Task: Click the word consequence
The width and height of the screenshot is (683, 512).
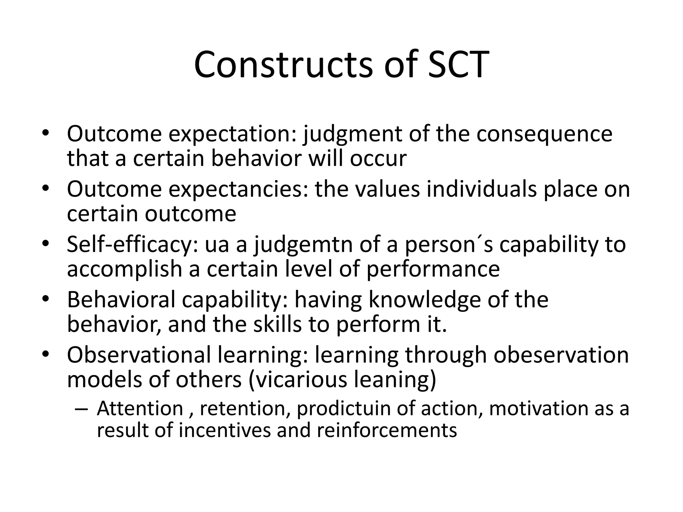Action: [x=544, y=134]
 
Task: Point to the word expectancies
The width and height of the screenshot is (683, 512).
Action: [x=238, y=189]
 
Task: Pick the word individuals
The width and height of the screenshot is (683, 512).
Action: [x=482, y=189]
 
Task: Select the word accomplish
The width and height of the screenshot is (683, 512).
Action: [x=124, y=269]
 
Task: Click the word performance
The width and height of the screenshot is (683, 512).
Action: [x=433, y=269]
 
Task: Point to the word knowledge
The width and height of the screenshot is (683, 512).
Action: [x=425, y=300]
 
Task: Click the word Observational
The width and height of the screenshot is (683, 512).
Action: [x=139, y=355]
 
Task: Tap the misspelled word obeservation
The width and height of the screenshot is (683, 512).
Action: [x=561, y=355]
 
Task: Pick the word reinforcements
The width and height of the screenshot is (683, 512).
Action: [x=387, y=431]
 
